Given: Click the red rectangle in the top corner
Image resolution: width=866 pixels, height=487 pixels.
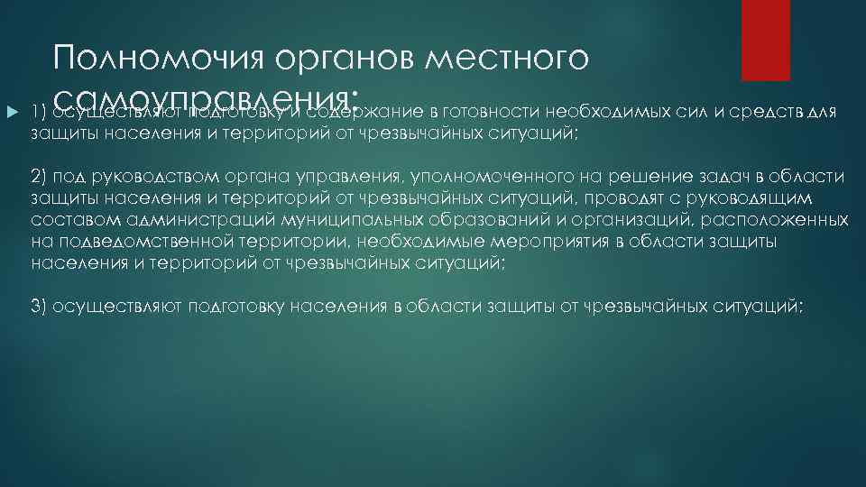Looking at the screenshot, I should [765, 41].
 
